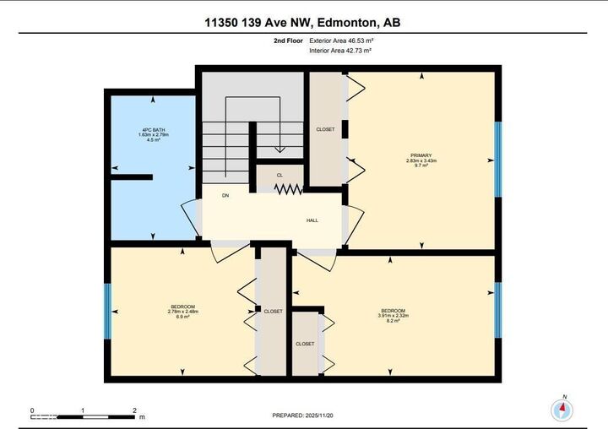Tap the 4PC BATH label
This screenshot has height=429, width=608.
coord(152,130)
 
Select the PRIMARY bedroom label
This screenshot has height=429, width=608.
coord(421,155)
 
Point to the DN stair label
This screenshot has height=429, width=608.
coord(225,195)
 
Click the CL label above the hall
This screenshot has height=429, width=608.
coord(280,176)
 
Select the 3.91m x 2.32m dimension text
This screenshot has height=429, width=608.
coord(393,317)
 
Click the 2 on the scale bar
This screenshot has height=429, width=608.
coord(134,410)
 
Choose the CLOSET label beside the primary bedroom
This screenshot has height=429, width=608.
coord(325,129)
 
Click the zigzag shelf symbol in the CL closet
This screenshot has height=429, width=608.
coord(289,189)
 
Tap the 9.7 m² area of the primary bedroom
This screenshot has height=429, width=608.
coord(421,166)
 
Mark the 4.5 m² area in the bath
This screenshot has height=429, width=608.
coord(153,140)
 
